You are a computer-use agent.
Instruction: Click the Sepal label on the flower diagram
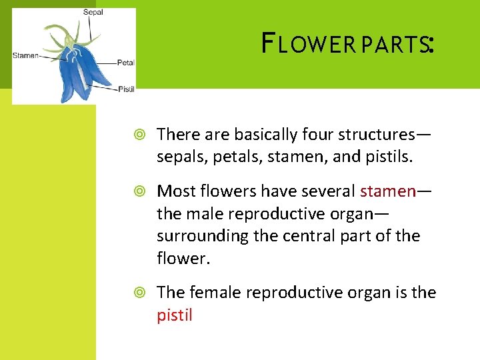(x=93, y=12)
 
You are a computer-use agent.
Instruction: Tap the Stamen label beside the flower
(x=26, y=55)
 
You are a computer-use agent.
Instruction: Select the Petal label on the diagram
(x=126, y=63)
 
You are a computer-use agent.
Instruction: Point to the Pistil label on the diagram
(x=126, y=88)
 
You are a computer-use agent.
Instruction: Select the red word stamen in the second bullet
(x=387, y=191)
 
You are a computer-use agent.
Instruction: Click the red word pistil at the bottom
(x=175, y=315)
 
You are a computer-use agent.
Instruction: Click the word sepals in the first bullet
(x=178, y=157)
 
